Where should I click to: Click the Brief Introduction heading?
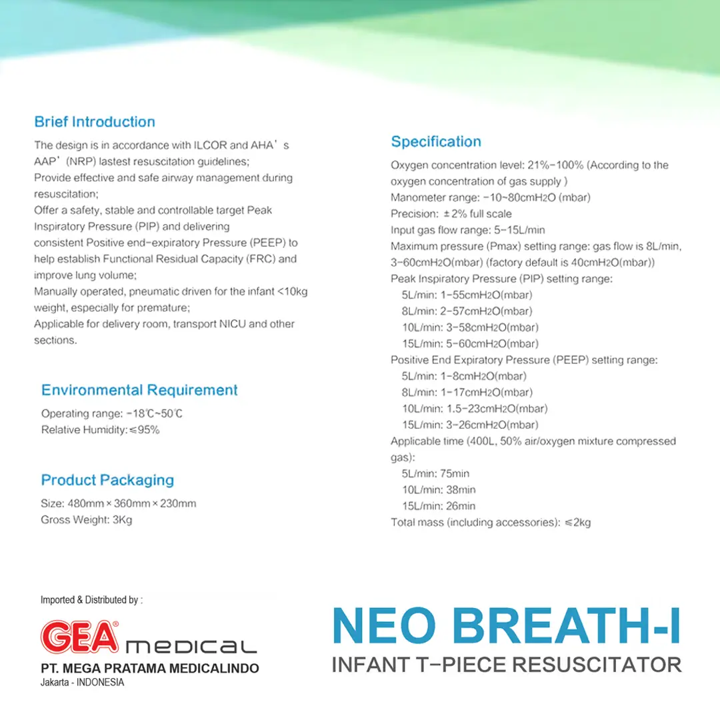(95, 122)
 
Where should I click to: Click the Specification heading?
(435, 141)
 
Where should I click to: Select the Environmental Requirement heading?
(139, 390)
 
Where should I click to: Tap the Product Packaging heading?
(107, 480)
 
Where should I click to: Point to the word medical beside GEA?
(191, 646)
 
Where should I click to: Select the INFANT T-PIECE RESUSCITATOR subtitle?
(507, 665)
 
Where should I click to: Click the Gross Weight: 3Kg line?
(87, 519)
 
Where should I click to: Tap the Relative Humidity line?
(100, 430)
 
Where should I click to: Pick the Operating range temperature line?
(112, 413)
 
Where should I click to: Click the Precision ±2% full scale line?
(451, 214)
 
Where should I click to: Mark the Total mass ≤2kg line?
(491, 522)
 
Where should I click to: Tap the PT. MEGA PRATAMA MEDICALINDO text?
(147, 669)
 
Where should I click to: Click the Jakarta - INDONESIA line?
(83, 683)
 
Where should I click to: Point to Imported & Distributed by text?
(91, 600)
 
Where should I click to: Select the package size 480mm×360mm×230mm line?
(119, 503)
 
